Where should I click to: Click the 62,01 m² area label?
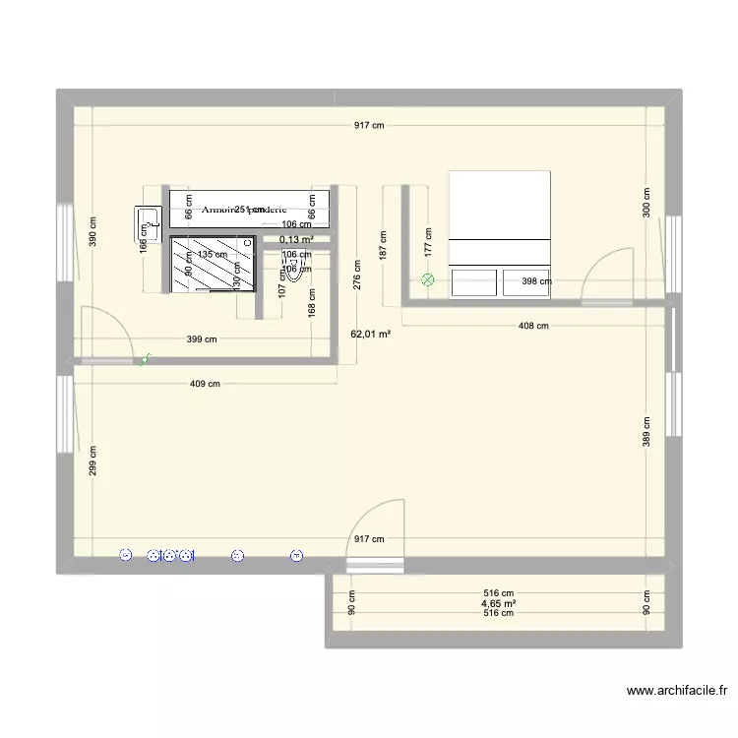(370, 335)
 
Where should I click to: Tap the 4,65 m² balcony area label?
(499, 603)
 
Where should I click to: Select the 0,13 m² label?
(296, 239)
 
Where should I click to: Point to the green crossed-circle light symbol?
(427, 279)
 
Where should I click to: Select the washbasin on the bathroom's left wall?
(148, 223)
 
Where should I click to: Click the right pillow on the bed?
(526, 282)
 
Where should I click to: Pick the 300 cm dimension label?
(646, 204)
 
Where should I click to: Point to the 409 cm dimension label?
(206, 385)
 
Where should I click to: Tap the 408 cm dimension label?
(533, 326)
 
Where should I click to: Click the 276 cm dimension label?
(357, 276)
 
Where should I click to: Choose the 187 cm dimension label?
(382, 245)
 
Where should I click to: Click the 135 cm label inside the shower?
(212, 254)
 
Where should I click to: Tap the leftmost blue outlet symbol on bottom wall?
(125, 556)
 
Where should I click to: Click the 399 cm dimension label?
(202, 340)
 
